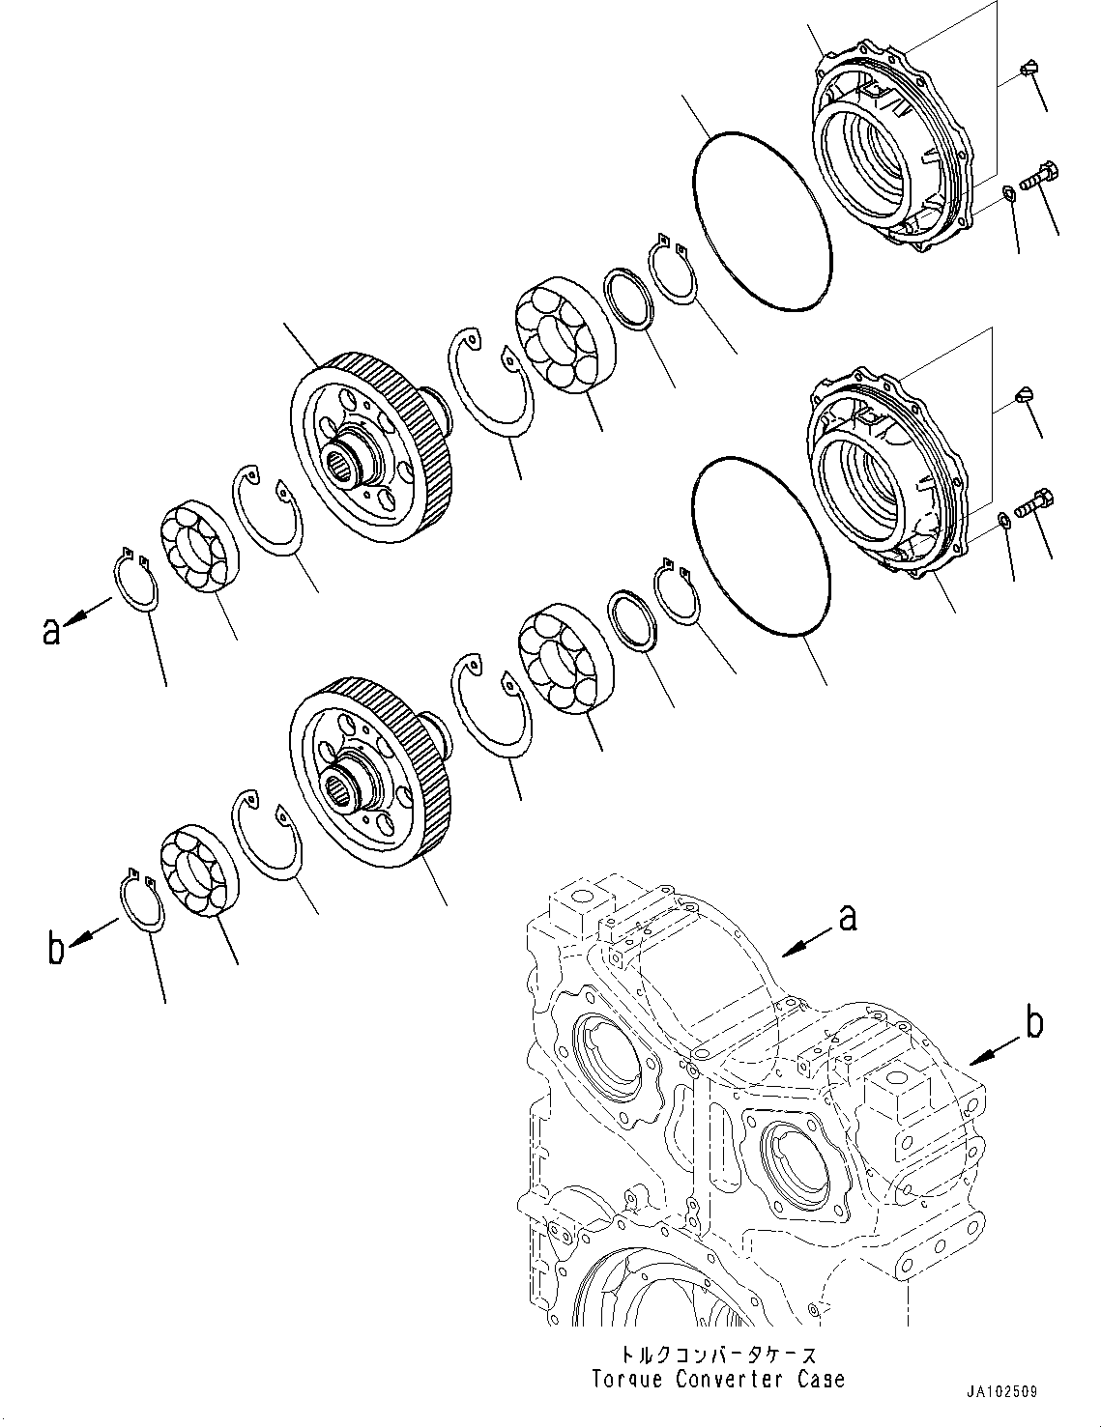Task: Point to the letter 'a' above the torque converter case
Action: (x=847, y=917)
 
